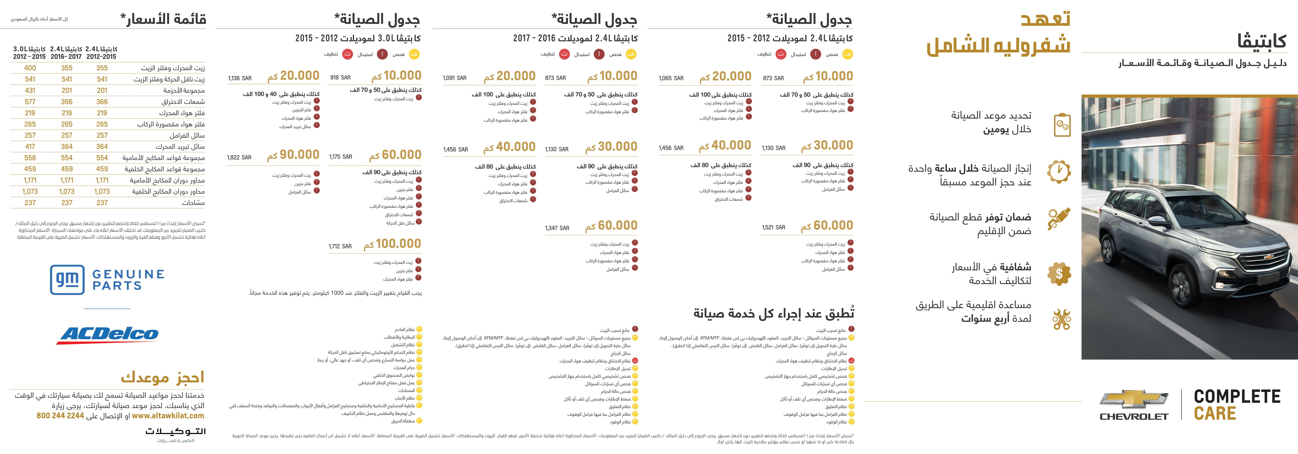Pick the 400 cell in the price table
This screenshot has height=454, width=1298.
point(30,68)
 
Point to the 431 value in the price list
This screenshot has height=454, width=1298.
point(30,91)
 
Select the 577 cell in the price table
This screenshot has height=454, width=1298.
point(30,102)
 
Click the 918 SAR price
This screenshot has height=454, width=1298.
point(340,77)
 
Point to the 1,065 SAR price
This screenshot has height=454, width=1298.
point(671,78)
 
